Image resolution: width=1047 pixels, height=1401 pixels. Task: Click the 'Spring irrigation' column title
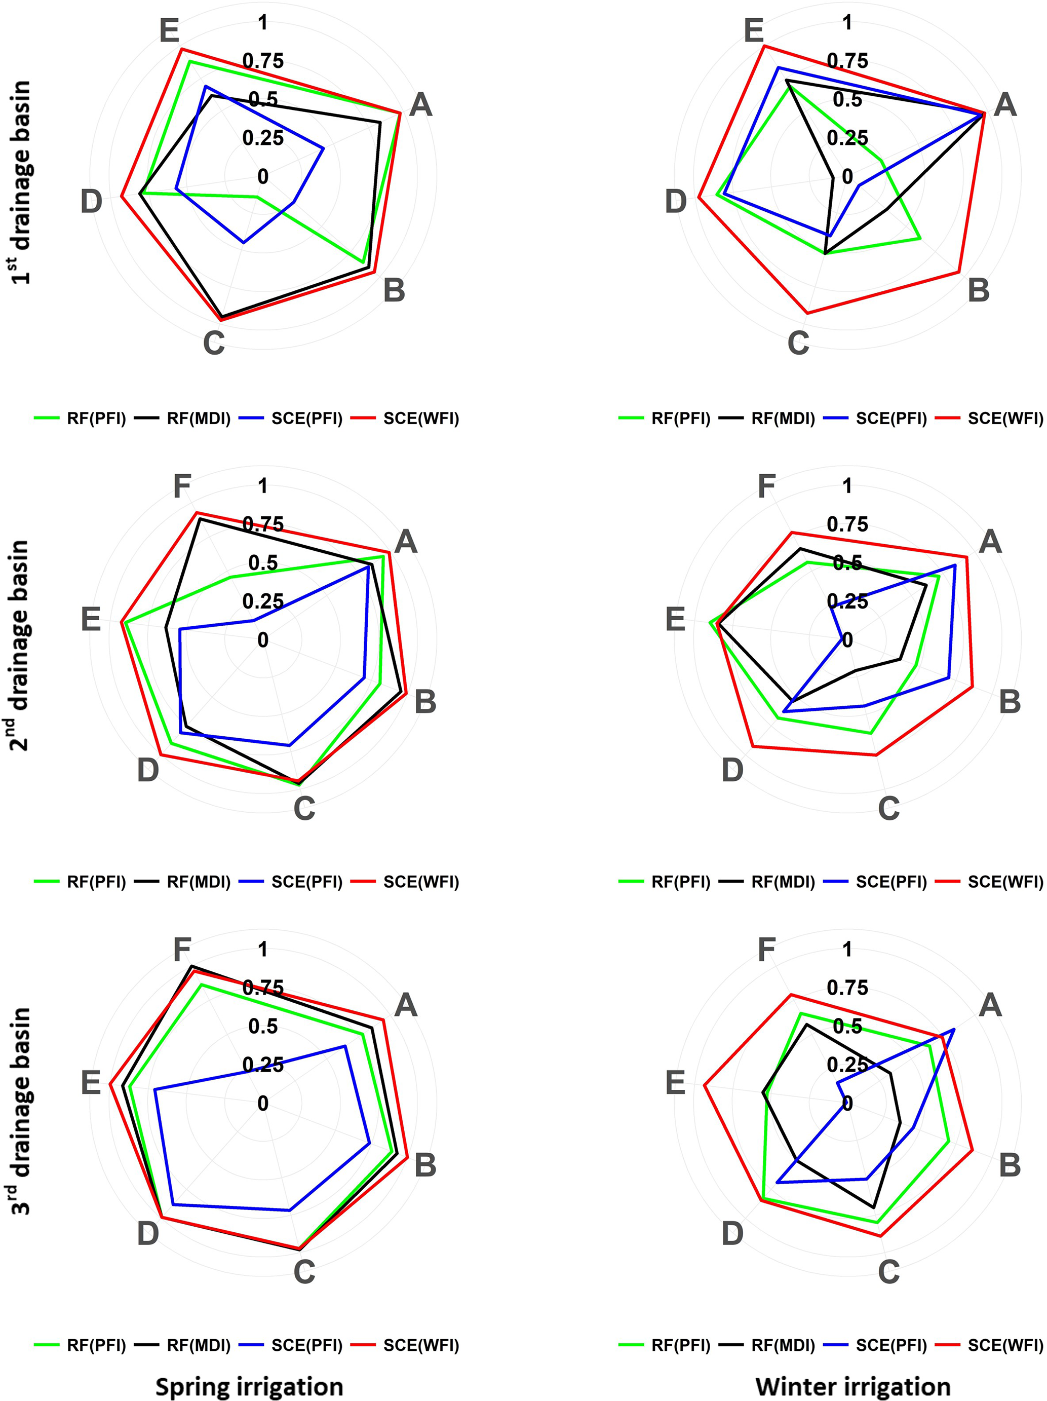(x=249, y=1386)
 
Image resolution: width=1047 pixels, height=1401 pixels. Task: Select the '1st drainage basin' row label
(x=21, y=183)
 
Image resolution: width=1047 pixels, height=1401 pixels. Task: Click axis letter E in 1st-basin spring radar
(x=169, y=30)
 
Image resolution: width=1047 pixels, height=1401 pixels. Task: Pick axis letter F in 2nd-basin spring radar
(x=182, y=487)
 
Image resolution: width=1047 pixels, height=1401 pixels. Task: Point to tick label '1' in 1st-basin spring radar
(x=263, y=23)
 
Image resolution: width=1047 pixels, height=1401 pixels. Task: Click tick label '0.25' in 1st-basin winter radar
(x=847, y=138)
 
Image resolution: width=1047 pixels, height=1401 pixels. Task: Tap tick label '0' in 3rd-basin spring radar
(x=263, y=1104)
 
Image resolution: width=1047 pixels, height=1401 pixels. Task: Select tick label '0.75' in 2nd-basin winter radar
(x=847, y=524)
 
